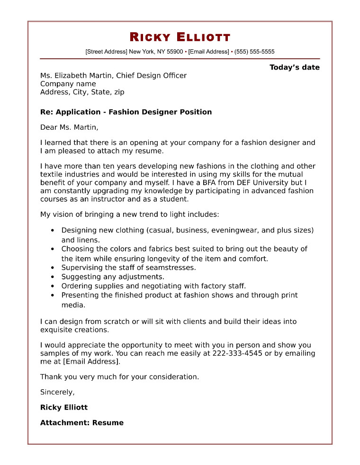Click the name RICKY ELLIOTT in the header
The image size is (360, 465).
click(x=180, y=37)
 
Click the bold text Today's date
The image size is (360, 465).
click(x=295, y=67)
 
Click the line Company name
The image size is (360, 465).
click(x=68, y=84)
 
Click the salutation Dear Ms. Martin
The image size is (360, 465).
click(x=69, y=127)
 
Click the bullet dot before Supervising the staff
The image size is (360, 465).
click(x=52, y=268)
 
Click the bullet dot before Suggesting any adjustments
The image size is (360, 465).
click(x=52, y=277)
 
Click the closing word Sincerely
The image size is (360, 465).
click(x=57, y=392)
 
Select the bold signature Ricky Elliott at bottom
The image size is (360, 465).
click(x=64, y=407)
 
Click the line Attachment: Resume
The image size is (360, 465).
click(x=82, y=423)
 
